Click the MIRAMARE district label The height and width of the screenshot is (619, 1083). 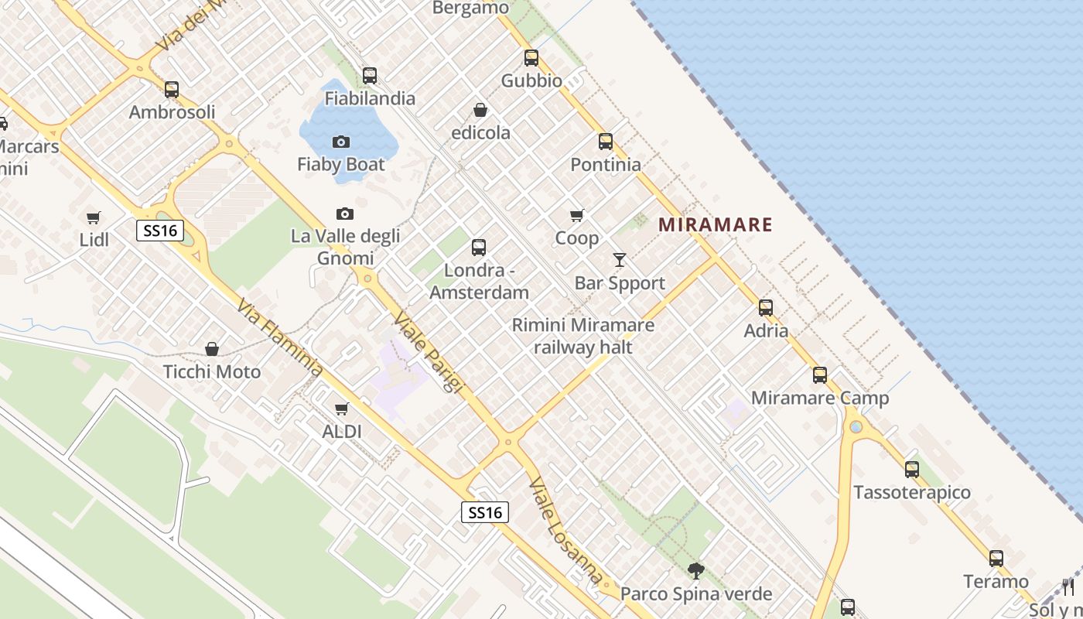(x=716, y=225)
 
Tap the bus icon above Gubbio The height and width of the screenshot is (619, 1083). (x=531, y=57)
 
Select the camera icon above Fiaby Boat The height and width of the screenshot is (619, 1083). (x=340, y=142)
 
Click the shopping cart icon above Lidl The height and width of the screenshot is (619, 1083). (x=94, y=217)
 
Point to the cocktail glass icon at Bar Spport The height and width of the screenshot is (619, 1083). (x=620, y=260)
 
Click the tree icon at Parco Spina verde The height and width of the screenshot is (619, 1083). (x=696, y=571)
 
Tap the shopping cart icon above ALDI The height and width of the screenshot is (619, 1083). (x=341, y=409)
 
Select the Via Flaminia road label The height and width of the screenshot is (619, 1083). (x=280, y=337)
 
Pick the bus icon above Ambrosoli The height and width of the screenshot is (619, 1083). (x=172, y=89)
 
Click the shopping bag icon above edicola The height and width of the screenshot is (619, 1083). (x=480, y=110)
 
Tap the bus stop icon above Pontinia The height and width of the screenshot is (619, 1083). (x=605, y=142)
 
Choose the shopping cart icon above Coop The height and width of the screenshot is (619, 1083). (x=576, y=215)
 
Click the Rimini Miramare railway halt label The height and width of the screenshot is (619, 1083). (x=583, y=336)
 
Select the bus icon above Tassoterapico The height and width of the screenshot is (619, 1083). (x=911, y=469)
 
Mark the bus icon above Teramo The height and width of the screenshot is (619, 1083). (x=996, y=558)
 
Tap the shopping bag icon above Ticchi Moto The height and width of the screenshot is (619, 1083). (x=211, y=350)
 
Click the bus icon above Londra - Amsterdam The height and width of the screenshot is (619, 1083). (x=479, y=248)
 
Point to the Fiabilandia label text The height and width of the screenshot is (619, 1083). (x=370, y=98)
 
